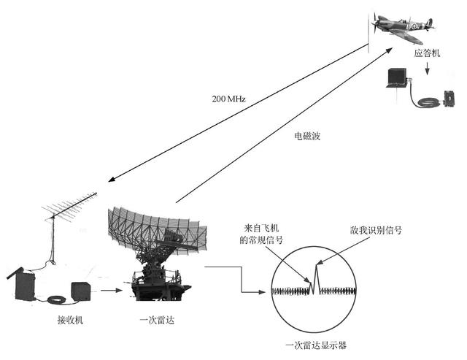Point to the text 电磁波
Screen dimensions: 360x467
click(306, 137)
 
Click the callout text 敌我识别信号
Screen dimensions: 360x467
click(376, 229)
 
